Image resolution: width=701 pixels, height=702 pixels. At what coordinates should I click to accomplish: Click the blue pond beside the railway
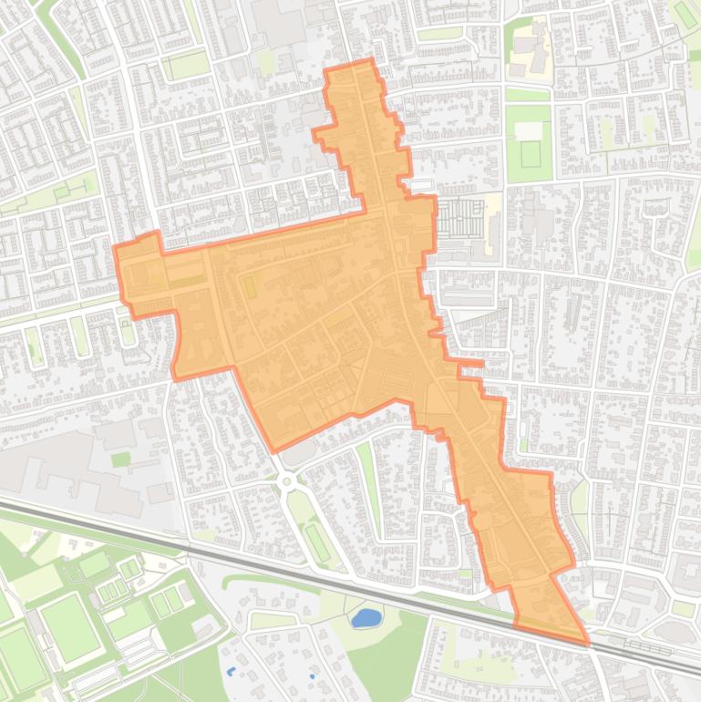pyautogui.click(x=366, y=618)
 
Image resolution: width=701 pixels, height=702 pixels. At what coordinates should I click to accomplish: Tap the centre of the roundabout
pyautogui.click(x=286, y=480)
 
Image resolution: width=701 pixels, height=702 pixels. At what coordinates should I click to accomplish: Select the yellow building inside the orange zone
pyautogui.click(x=248, y=286)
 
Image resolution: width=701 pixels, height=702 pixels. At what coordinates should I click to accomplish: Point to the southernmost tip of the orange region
pyautogui.click(x=588, y=643)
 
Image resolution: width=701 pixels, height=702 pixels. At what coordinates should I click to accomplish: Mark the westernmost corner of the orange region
pyautogui.click(x=115, y=248)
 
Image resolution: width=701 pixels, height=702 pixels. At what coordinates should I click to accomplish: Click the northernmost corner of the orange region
pyautogui.click(x=371, y=59)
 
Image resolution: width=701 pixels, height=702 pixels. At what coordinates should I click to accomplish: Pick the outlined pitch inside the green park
pyautogui.click(x=531, y=153)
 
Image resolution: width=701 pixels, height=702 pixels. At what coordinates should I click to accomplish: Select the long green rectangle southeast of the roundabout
pyautogui.click(x=317, y=542)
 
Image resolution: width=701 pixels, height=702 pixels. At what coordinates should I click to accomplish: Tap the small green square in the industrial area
pyautogui.click(x=120, y=459)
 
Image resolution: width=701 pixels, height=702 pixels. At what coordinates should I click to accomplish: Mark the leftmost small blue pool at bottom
pyautogui.click(x=230, y=671)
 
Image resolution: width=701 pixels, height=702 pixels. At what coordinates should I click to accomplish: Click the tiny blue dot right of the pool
pyautogui.click(x=313, y=676)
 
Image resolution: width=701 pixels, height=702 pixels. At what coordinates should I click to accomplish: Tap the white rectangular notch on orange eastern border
pyautogui.click(x=420, y=185)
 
